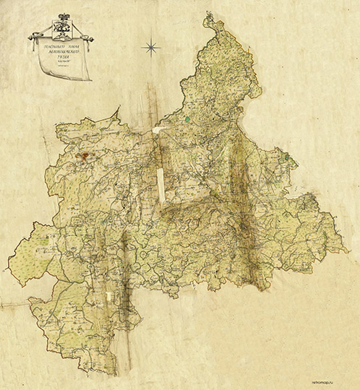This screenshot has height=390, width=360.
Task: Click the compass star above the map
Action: [151, 48]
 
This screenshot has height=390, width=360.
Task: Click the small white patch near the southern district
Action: [110, 295]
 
